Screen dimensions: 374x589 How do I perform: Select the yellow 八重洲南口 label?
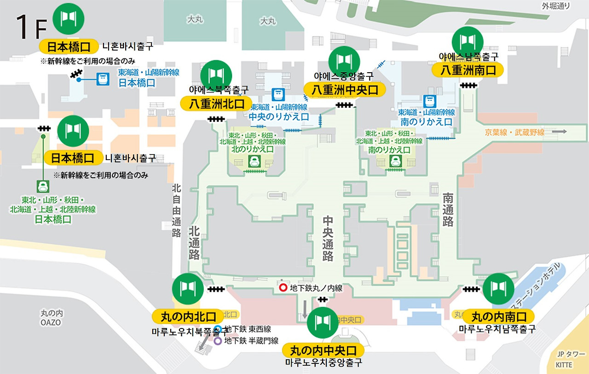[x=468, y=70]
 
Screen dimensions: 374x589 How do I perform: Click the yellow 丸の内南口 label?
[x=499, y=316]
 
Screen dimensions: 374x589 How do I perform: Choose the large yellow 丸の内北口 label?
[x=188, y=316]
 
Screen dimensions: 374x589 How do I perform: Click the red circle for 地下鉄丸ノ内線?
[x=283, y=288]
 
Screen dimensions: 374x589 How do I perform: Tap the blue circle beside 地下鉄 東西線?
[x=219, y=329]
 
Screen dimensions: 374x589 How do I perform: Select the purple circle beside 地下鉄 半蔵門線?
[x=219, y=341]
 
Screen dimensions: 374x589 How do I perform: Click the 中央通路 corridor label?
[x=328, y=239]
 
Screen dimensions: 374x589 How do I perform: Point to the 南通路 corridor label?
[x=448, y=210]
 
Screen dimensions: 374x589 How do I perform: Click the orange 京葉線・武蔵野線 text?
[x=514, y=132]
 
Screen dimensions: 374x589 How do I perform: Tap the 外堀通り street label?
[x=556, y=6]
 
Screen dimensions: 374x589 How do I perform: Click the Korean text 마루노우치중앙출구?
[x=323, y=362]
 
